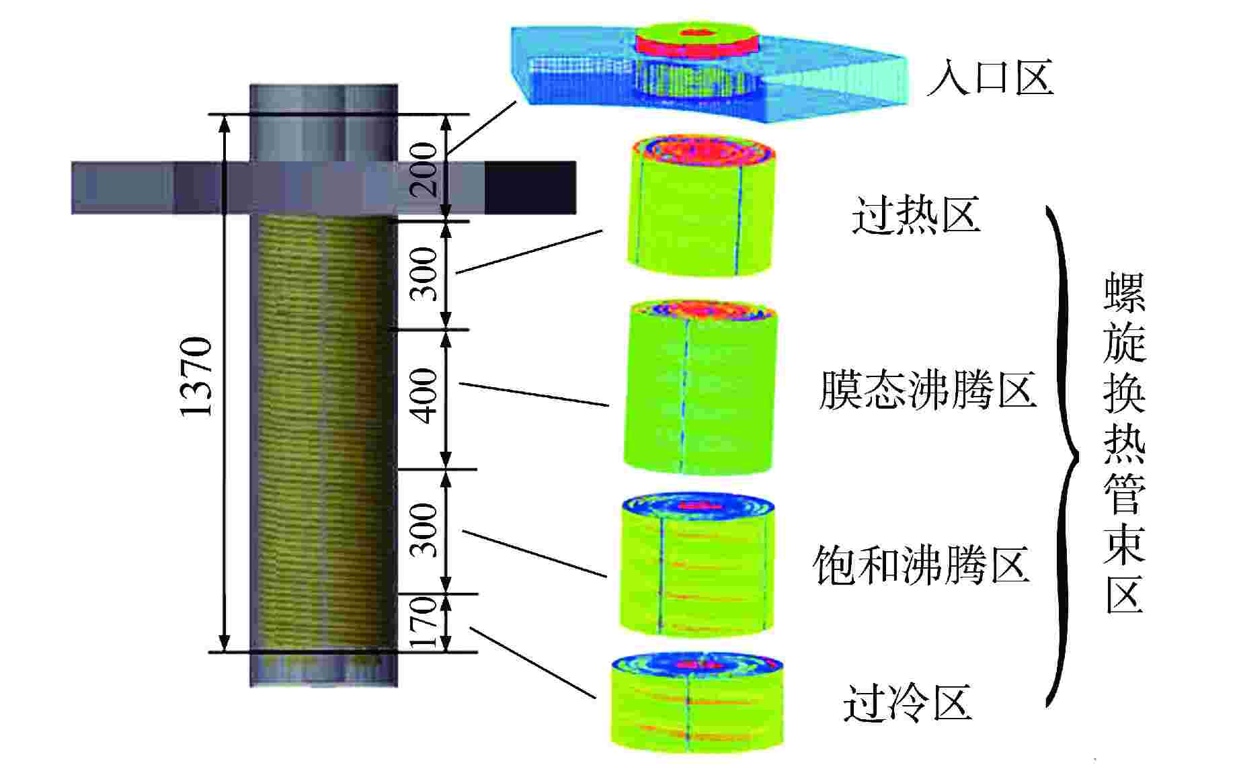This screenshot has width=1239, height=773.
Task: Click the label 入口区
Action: tap(989, 79)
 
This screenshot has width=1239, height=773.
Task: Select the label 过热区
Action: tap(916, 215)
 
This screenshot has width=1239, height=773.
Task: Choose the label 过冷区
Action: tap(908, 703)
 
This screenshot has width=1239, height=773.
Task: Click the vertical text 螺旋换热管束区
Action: tap(1125, 444)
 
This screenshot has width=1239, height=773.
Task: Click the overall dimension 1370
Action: tap(197, 376)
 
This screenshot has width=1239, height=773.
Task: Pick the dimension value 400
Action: tap(425, 397)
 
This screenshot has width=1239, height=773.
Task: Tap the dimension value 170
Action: tap(425, 622)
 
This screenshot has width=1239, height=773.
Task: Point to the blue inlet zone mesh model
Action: tap(713, 74)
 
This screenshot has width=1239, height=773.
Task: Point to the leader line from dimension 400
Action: tap(534, 395)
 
